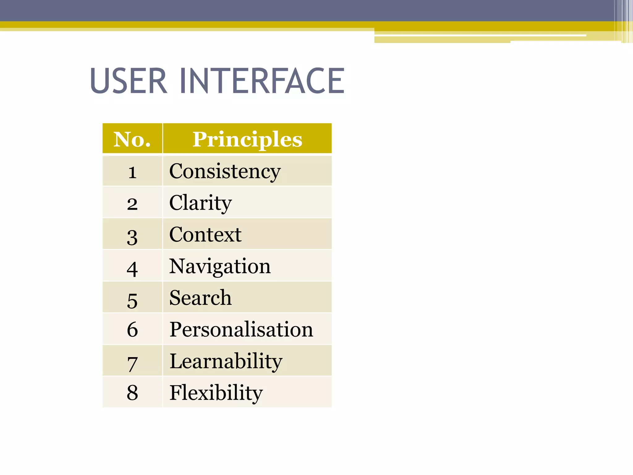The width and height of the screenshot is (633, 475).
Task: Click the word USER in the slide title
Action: click(x=129, y=81)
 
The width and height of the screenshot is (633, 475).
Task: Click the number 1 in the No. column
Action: click(x=132, y=172)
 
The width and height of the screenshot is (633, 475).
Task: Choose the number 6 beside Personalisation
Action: click(x=132, y=329)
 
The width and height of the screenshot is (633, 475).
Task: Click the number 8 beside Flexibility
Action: click(x=132, y=392)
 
